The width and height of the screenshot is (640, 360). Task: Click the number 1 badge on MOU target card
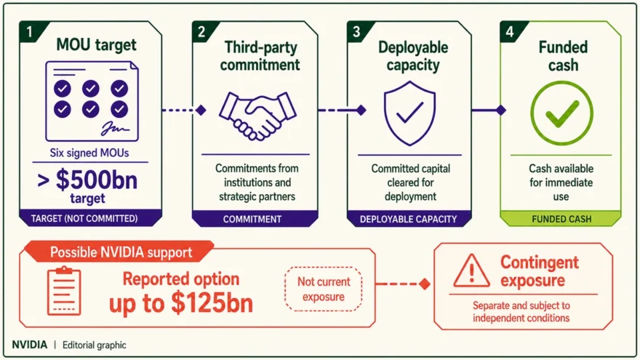(x=29, y=31)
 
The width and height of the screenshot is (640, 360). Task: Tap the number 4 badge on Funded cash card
(x=511, y=31)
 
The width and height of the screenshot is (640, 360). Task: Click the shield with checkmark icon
(x=409, y=113)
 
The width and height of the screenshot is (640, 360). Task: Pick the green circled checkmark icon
(x=561, y=113)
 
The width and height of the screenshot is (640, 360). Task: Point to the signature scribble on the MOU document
(x=116, y=128)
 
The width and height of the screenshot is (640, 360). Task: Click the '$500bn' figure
(x=97, y=180)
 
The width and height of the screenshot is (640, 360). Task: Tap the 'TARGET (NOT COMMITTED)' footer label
(x=84, y=218)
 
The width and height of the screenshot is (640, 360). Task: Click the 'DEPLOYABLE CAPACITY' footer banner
(x=409, y=218)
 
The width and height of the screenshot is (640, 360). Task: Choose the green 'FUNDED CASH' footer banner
(x=561, y=218)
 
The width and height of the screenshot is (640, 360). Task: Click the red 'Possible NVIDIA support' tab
(x=119, y=252)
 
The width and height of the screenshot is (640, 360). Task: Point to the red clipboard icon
(x=64, y=291)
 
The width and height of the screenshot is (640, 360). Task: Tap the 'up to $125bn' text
(x=181, y=303)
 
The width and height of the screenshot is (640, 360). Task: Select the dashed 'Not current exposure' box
(x=323, y=289)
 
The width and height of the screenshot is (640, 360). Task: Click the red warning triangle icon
(x=471, y=271)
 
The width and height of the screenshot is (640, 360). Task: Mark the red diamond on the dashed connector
(x=425, y=284)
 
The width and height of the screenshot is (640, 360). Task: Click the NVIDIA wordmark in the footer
(x=29, y=345)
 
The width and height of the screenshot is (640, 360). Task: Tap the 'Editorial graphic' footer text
(x=95, y=345)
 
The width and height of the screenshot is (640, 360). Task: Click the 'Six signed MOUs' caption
(x=89, y=153)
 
